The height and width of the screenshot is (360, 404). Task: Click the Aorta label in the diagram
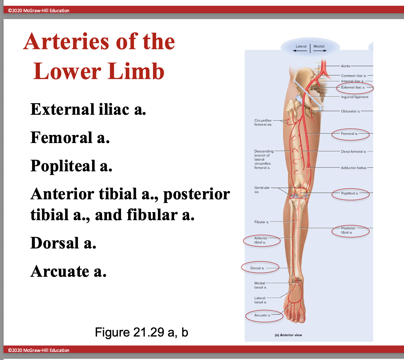(345, 66)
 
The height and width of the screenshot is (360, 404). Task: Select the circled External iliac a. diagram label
(353, 87)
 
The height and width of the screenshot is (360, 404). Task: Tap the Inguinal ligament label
(355, 97)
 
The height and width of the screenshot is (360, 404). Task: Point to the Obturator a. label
(350, 111)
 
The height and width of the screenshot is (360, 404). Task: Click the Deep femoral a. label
(354, 151)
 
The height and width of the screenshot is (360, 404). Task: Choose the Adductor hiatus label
(354, 168)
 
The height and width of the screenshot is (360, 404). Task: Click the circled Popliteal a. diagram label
(350, 193)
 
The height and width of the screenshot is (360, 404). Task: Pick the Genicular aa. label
(262, 190)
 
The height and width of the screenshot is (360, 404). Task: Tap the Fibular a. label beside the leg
(261, 222)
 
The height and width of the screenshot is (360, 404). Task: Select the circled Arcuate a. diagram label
(262, 315)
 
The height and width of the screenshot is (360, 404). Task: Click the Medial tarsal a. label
(260, 285)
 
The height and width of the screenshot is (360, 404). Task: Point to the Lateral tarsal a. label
(260, 300)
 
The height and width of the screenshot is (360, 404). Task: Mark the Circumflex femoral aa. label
(263, 122)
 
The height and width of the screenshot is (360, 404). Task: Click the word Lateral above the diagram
(301, 46)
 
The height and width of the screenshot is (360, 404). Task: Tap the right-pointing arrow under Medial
(320, 51)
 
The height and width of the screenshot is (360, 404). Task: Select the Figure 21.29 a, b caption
(141, 332)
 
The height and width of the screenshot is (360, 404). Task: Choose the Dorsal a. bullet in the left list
(63, 243)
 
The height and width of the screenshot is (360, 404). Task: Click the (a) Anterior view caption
(288, 335)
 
